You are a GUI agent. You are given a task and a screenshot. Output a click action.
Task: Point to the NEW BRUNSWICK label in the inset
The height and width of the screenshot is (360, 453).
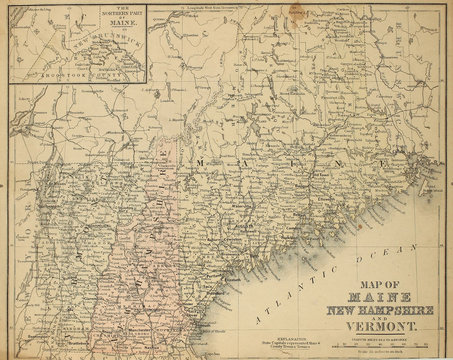click(78, 47)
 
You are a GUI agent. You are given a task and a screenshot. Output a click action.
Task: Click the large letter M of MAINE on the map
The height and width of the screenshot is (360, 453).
click(204, 161)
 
